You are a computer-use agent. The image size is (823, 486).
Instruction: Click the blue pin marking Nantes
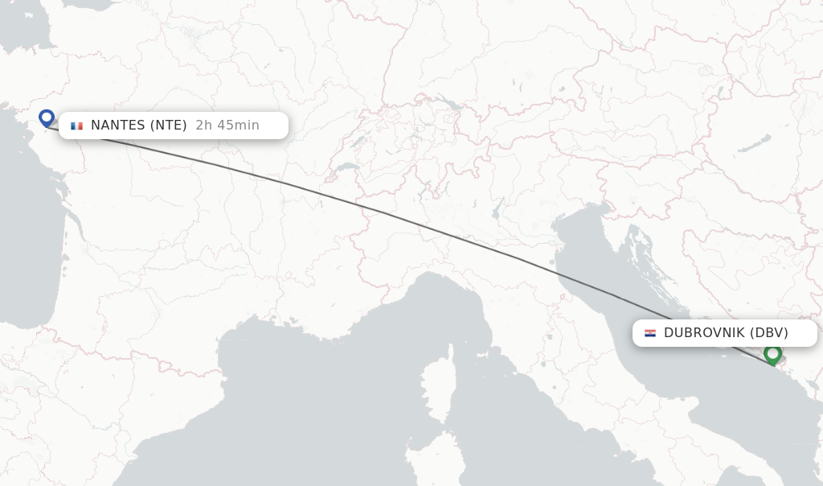coord(47,118)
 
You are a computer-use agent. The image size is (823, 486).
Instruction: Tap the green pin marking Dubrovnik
coord(772,353)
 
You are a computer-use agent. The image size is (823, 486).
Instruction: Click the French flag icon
coord(76,126)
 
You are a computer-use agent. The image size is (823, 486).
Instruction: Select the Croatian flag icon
coord(649,333)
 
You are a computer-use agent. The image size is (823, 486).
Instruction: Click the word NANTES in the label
coord(117,126)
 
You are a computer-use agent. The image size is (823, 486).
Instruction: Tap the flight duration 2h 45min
coord(227,126)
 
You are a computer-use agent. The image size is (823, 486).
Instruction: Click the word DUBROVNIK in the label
coord(704,333)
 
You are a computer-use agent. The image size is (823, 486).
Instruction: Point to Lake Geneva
coord(346,170)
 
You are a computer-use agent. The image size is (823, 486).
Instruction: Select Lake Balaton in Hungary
coord(751,145)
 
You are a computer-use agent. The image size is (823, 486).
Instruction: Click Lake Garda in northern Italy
coord(498,211)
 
